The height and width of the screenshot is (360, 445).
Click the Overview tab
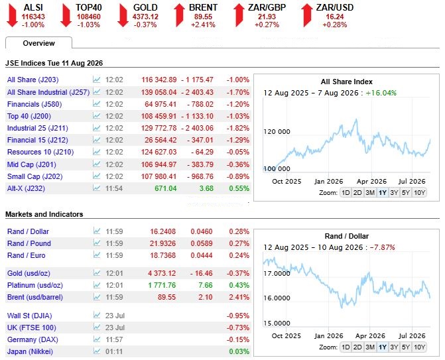pyautogui.click(x=38, y=43)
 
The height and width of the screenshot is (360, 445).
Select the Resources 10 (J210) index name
pyautogui.click(x=40, y=152)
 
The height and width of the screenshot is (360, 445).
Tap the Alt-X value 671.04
pyautogui.click(x=165, y=188)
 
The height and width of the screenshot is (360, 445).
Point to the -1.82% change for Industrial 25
pyautogui.click(x=238, y=128)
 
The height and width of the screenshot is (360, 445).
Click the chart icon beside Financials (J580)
pyautogui.click(x=96, y=104)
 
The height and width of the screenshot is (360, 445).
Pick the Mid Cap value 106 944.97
pyautogui.click(x=159, y=164)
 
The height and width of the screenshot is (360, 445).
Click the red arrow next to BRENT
pyautogui.click(x=179, y=16)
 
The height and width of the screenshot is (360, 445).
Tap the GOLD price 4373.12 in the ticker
pyautogui.click(x=145, y=17)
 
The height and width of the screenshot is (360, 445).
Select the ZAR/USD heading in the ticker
pyautogui.click(x=335, y=7)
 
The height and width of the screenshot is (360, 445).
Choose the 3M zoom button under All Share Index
pyautogui.click(x=370, y=193)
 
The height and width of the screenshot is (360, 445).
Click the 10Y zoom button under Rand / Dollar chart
pyautogui.click(x=419, y=347)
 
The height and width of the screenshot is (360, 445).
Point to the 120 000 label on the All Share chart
pyautogui.click(x=277, y=132)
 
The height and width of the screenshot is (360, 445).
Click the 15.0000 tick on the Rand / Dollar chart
pyautogui.click(x=277, y=323)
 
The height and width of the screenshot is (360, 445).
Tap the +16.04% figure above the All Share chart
pyautogui.click(x=381, y=93)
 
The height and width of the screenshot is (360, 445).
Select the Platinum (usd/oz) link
pyautogui.click(x=35, y=285)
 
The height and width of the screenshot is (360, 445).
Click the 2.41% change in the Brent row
pyautogui.click(x=239, y=297)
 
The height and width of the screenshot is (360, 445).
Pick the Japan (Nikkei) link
pyautogui.click(x=30, y=352)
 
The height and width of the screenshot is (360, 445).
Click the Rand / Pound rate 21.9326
pyautogui.click(x=163, y=243)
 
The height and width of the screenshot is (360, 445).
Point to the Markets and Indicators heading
pyautogui.click(x=44, y=214)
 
